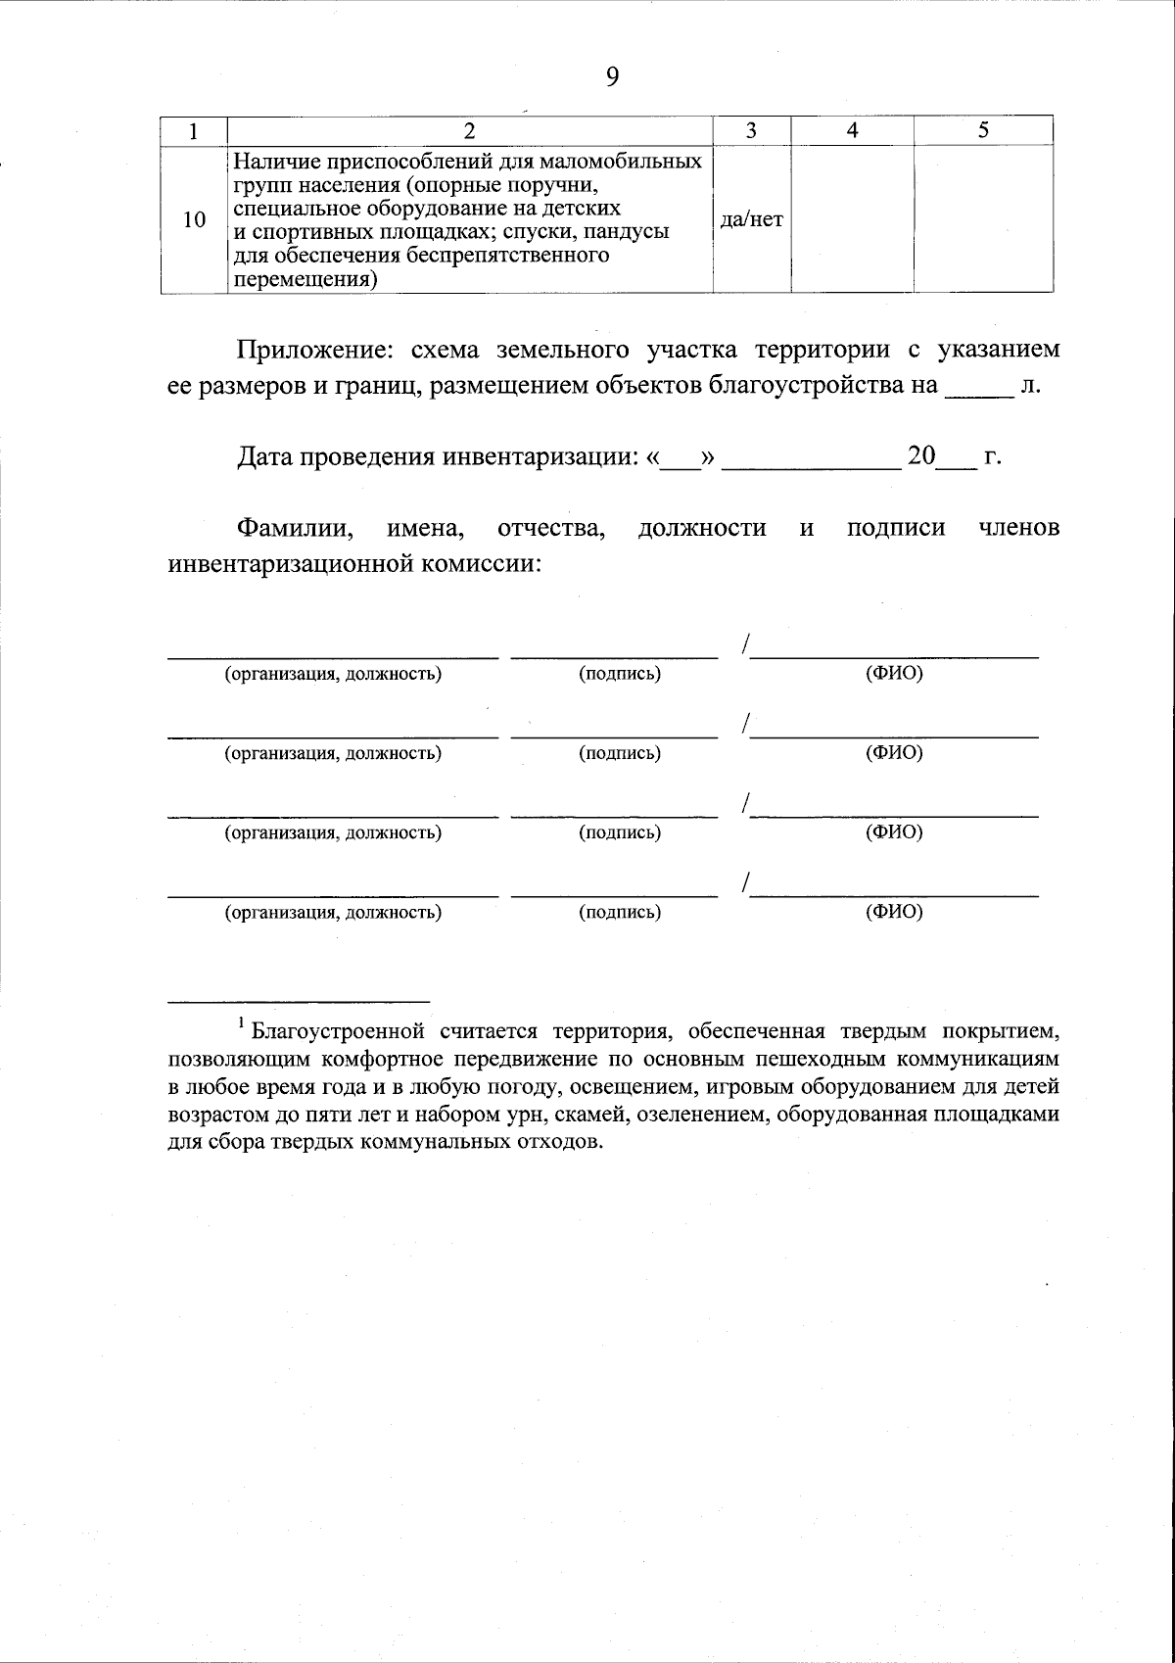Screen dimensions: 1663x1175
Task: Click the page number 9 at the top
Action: (x=613, y=76)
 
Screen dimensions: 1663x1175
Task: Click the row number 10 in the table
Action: (x=195, y=219)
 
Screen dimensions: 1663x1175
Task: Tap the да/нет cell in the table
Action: (x=751, y=219)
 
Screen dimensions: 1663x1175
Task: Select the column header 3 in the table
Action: (x=751, y=131)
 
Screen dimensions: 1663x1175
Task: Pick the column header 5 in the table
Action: (x=983, y=131)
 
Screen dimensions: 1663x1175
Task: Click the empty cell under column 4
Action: (x=852, y=219)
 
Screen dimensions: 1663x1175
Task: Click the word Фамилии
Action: (x=295, y=529)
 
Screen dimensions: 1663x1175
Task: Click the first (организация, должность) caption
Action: (x=333, y=675)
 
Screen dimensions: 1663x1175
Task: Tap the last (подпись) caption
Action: (x=619, y=913)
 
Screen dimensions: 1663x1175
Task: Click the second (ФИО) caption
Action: (x=894, y=753)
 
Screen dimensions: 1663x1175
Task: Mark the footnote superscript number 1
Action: (x=241, y=1024)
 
